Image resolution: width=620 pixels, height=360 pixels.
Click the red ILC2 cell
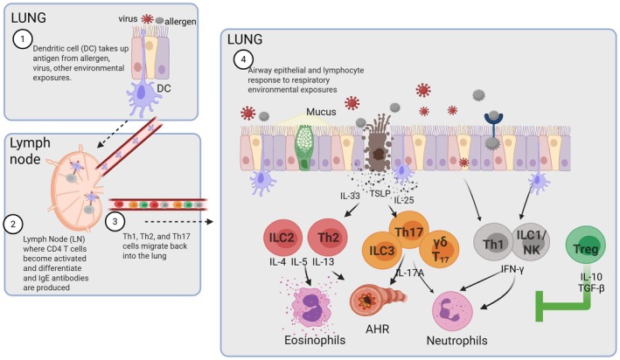coord(282,237)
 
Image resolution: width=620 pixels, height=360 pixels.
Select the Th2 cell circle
coord(328,237)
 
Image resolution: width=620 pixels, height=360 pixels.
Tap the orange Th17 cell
coord(409,230)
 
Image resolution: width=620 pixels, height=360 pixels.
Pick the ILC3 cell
coord(381,250)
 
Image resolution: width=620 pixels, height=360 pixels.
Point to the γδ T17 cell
coord(439,249)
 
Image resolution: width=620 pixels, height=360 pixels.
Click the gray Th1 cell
coord(492,243)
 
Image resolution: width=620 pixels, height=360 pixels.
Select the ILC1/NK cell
coord(531,242)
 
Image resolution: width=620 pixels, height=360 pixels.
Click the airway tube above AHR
coord(377,300)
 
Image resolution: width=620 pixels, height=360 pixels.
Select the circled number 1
coord(23,38)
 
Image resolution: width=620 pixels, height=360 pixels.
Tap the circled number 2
coord(13,224)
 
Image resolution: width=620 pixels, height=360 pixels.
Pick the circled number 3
coord(115,221)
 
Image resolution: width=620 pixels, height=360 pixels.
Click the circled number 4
coord(243,59)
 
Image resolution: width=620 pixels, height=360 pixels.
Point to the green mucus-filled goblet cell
coord(304,148)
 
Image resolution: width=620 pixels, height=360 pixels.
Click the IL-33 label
coord(350,196)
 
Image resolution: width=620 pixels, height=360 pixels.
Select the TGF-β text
coord(591,288)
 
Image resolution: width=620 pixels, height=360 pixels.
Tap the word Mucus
coord(321,112)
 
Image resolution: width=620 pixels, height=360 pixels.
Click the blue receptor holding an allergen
coord(493,127)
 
